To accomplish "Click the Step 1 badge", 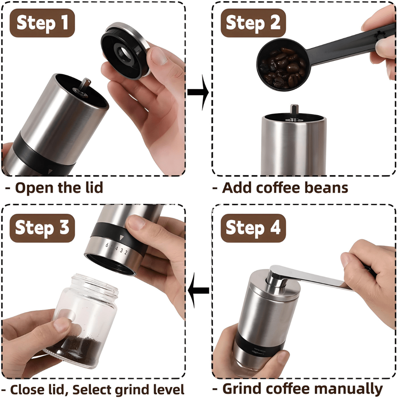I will pyautogui.click(x=42, y=23).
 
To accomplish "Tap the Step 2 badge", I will pyautogui.click(x=253, y=23).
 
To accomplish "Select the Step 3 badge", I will pyautogui.click(x=42, y=228).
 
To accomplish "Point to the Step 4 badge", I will pyautogui.click(x=253, y=228).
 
